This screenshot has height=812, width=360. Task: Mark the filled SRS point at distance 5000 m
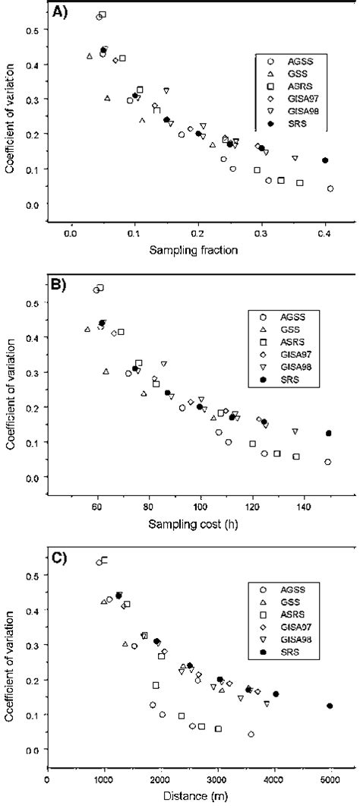click(x=330, y=706)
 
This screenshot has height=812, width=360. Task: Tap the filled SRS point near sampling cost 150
click(x=328, y=433)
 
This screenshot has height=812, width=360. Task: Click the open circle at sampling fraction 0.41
click(x=330, y=188)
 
